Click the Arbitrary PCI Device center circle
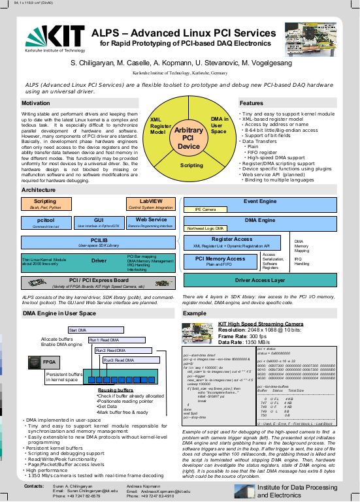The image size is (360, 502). click(189, 138)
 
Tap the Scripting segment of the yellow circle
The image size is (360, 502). click(191, 166)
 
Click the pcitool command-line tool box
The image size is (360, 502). click(44, 223)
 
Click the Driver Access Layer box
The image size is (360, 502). click(260, 281)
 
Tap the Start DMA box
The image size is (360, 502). click(81, 330)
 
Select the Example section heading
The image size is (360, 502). click(195, 313)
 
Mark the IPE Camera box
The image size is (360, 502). click(206, 210)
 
